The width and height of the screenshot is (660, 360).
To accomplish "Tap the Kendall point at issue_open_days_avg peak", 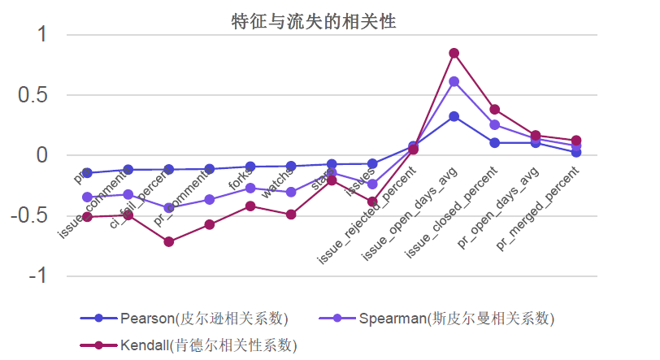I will [x=454, y=54].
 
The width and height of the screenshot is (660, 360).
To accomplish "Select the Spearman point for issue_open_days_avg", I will [x=454, y=81].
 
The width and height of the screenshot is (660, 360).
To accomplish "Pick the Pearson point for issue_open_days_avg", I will [x=454, y=116].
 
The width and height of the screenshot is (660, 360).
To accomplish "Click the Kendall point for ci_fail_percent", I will [x=168, y=241].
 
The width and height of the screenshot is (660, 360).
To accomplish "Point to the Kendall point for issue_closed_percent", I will [x=495, y=110].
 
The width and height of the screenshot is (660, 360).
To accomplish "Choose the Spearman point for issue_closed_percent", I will [x=495, y=125].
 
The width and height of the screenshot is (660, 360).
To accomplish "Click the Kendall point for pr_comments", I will [x=210, y=224].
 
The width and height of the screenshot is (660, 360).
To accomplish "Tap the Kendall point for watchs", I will [x=291, y=215].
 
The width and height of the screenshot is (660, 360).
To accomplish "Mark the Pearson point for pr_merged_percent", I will [x=576, y=152].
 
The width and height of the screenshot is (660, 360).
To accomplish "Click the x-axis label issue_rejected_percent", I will [x=367, y=215].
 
